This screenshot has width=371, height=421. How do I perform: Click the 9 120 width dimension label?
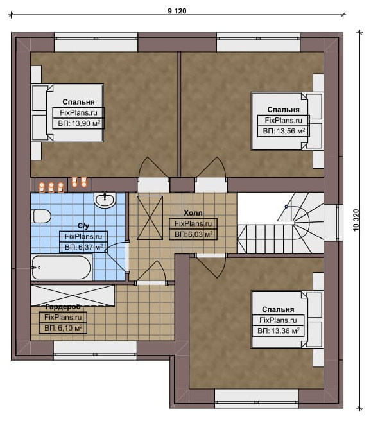click(x=177, y=11)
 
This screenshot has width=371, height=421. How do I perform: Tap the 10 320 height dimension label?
click(x=356, y=220)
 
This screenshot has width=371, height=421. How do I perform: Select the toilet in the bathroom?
click(x=41, y=216)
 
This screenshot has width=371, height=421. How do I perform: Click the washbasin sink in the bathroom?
click(x=105, y=200)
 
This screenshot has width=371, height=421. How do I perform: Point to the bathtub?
click(x=62, y=268)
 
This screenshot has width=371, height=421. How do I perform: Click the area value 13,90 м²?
click(x=86, y=123)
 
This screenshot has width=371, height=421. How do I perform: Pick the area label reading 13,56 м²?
click(x=291, y=131)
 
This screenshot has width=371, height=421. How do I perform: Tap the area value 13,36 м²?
click(x=286, y=331)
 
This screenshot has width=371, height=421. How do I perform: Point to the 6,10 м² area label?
click(x=70, y=328)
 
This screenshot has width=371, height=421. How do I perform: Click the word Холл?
click(x=193, y=213)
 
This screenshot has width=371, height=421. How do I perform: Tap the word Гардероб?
click(x=63, y=307)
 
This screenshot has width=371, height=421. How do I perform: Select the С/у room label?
click(x=83, y=226)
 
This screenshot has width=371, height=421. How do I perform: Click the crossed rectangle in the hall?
click(x=150, y=218)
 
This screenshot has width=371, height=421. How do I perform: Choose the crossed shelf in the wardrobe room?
click(x=73, y=295)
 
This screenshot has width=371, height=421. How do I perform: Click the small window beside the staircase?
click(x=333, y=223)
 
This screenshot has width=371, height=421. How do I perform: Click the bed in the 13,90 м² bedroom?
click(x=67, y=113)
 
